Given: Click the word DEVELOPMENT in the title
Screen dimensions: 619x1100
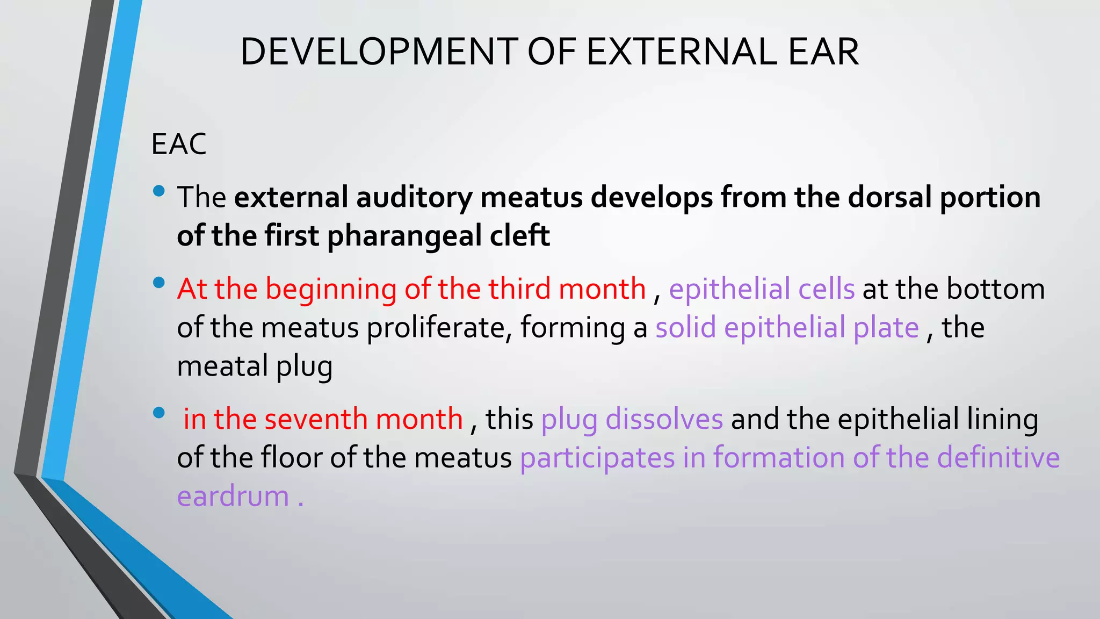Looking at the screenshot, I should pos(379,52).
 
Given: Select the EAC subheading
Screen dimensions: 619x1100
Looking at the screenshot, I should pos(179,144).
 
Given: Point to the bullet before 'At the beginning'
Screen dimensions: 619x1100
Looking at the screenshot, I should pos(158,283).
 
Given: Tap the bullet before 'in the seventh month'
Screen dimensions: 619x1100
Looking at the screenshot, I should pos(158,413).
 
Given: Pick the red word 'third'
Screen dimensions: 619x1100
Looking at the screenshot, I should pos(519,289).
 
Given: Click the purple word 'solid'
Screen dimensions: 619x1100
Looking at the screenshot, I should pos(685,327).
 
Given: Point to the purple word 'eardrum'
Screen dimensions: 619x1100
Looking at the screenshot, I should pos(233,496).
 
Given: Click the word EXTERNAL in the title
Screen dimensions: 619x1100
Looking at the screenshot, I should pos(681,52).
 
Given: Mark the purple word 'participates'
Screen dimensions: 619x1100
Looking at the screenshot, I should pos(597,458).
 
